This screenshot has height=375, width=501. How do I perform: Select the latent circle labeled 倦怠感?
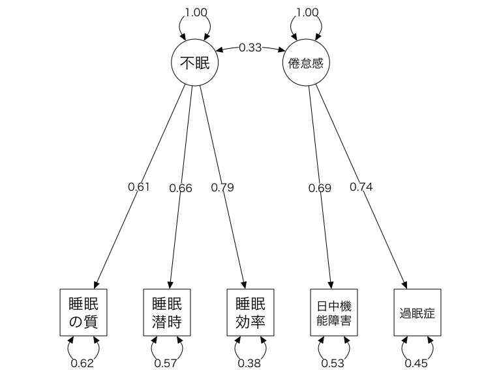click(x=306, y=63)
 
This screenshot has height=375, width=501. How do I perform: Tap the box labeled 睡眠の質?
click(x=83, y=312)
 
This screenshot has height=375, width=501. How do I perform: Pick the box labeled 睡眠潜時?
click(x=166, y=312)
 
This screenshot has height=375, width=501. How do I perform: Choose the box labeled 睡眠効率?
click(x=250, y=312)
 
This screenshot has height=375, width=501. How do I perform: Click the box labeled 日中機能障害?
click(x=333, y=312)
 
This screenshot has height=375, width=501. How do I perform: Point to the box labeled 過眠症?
click(x=417, y=312)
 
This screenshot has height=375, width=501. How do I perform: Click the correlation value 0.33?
click(x=250, y=48)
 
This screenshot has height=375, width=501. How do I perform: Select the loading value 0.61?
click(x=139, y=187)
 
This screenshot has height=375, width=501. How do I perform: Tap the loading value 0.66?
click(x=181, y=188)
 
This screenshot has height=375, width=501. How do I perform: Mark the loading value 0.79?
click(x=222, y=187)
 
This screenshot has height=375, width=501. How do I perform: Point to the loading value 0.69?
click(x=320, y=188)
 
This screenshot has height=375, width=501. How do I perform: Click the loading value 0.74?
click(x=361, y=187)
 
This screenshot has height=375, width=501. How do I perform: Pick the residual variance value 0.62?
click(x=83, y=363)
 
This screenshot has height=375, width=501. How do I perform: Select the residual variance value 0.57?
click(x=166, y=363)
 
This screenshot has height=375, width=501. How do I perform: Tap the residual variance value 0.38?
click(x=250, y=363)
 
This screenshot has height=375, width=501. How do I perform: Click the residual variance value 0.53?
click(x=333, y=363)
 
